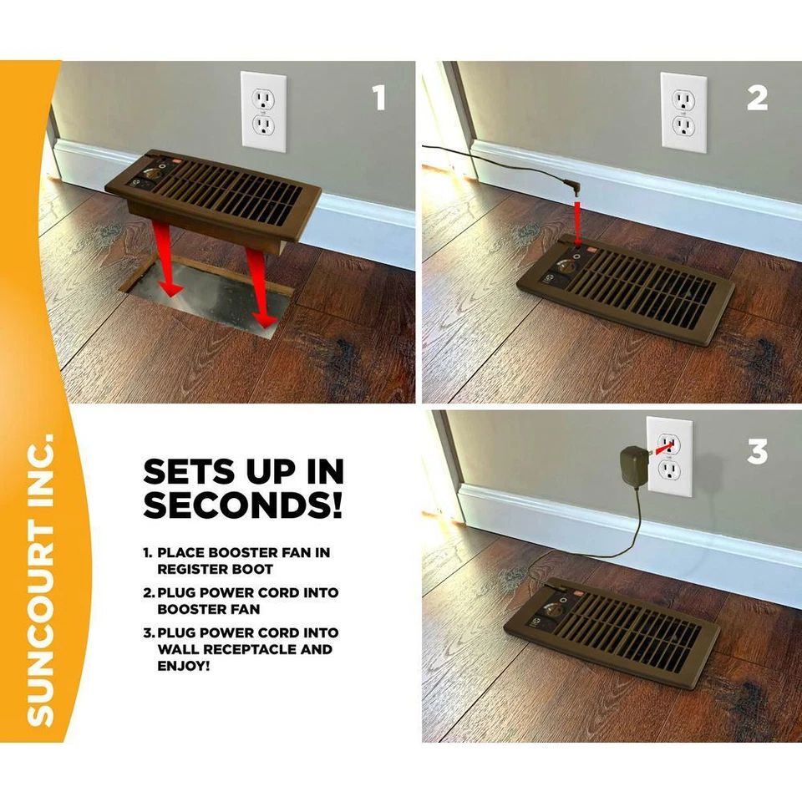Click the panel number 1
pyautogui.click(x=379, y=99)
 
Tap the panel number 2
pyautogui.click(x=757, y=99)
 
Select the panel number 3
pyautogui.click(x=757, y=452)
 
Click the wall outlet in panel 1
pyautogui.click(x=263, y=112)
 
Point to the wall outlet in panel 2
pyautogui.click(x=683, y=112)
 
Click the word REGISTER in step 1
pyautogui.click(x=191, y=569)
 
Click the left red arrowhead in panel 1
pyautogui.click(x=172, y=287)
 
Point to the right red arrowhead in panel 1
pyautogui.click(x=266, y=320)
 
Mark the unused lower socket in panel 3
pyautogui.click(x=670, y=471)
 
